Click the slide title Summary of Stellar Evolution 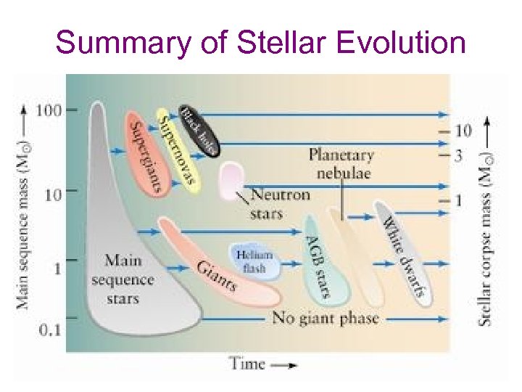(261, 43)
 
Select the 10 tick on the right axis (463, 131)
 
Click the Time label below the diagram (247, 364)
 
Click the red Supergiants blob (145, 152)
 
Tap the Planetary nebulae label (341, 164)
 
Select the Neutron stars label (279, 204)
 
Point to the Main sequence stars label (123, 279)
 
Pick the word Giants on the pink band (217, 275)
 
